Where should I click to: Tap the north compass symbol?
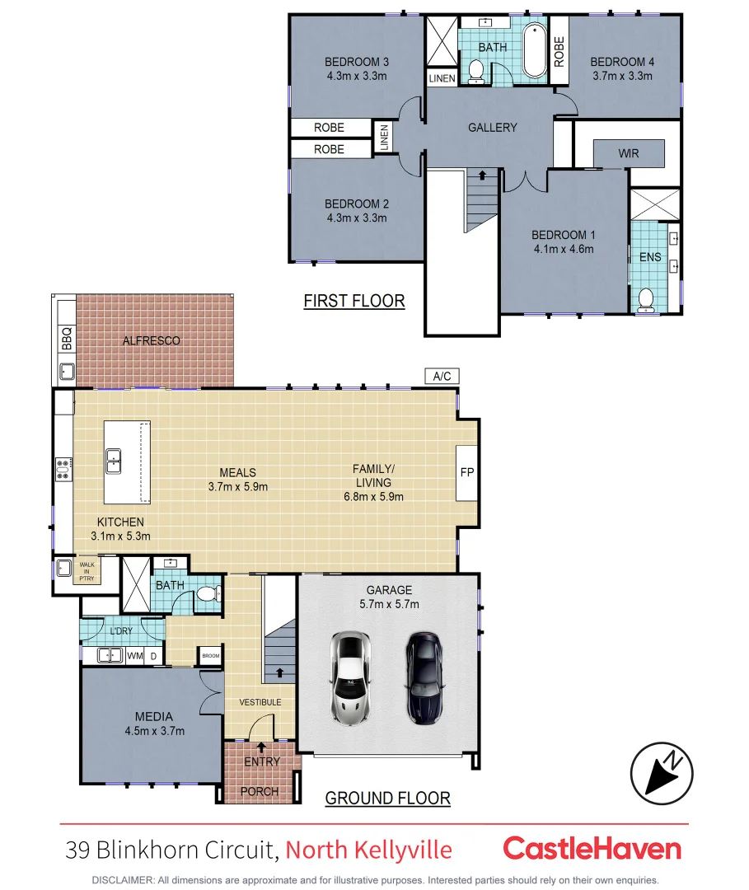(662, 774)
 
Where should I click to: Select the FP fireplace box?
(467, 473)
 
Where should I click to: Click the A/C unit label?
(442, 377)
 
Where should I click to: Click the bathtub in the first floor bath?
(534, 53)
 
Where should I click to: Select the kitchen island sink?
(114, 461)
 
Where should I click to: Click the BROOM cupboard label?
(210, 656)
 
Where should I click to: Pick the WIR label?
(628, 153)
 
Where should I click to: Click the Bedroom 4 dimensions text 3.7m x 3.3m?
(622, 76)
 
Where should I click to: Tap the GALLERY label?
(492, 127)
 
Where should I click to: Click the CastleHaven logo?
(592, 849)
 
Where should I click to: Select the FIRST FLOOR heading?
(354, 300)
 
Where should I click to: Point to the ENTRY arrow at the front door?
(262, 747)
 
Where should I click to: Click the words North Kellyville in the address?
(369, 849)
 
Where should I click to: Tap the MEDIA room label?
(154, 716)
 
